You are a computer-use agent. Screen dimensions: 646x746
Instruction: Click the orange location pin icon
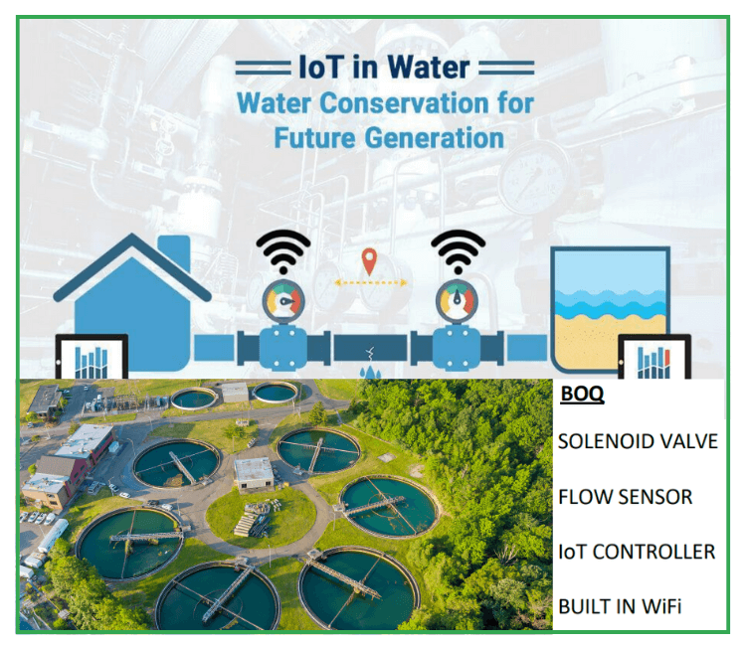[x=370, y=261]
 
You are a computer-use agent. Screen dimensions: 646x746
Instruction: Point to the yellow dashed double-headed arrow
[x=370, y=282]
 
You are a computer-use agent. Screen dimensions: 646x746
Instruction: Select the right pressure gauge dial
[x=458, y=300]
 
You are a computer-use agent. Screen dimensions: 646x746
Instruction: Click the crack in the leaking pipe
[x=370, y=351]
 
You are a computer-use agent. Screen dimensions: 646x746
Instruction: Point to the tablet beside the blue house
[x=90, y=359]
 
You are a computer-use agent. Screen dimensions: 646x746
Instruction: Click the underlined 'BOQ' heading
[x=581, y=396]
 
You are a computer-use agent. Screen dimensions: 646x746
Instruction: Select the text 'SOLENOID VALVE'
[x=637, y=441]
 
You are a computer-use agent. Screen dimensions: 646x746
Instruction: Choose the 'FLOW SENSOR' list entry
[x=624, y=496]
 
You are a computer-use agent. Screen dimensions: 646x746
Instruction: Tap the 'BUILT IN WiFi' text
[x=619, y=605]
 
